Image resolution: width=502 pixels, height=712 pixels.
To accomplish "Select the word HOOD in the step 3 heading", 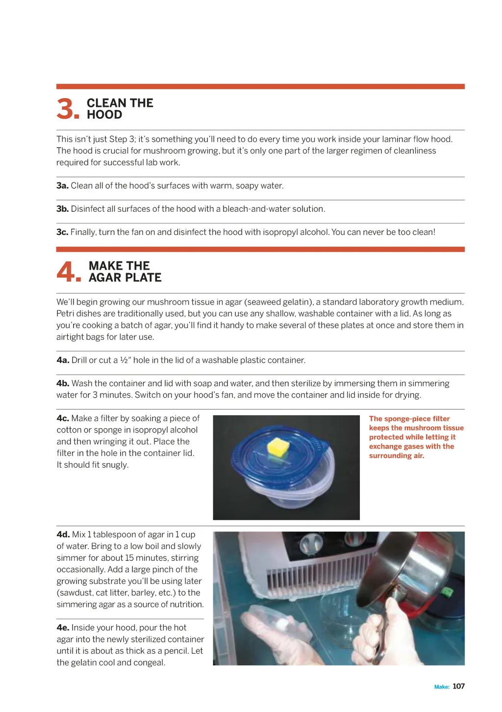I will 104,115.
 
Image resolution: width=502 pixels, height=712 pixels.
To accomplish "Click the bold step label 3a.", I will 62,186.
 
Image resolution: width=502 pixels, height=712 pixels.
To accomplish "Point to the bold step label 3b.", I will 62,209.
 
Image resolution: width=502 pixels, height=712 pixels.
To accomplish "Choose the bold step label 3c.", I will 62,232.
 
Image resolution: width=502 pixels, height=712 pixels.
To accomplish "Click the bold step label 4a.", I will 63,360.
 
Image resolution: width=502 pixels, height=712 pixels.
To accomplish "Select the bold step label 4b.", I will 63,383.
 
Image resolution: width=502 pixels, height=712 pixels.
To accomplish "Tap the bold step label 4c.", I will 63,418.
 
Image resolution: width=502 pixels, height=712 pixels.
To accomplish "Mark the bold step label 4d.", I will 63,534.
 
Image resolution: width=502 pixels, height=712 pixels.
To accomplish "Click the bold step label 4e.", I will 63,628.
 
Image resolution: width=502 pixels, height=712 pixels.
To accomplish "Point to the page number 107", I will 458,687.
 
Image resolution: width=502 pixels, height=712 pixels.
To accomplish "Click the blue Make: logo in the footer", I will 442,687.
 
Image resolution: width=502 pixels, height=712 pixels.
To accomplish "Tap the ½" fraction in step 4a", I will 125,360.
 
